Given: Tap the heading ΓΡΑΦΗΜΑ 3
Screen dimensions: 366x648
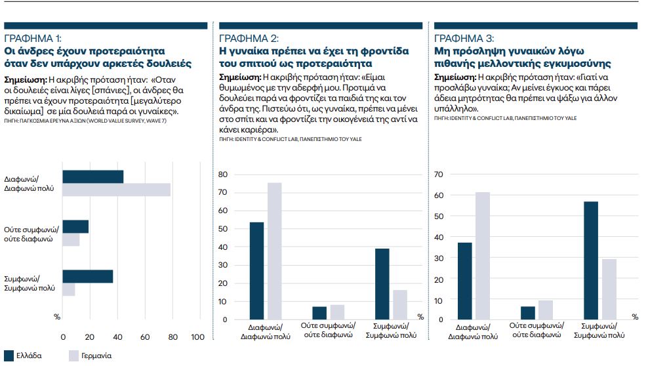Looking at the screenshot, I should (464, 38).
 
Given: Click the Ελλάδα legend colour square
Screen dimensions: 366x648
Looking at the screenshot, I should (9, 356).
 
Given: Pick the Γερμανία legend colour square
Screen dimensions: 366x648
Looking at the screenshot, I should (75, 356).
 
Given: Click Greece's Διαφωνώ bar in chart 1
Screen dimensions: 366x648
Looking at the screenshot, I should (92, 176).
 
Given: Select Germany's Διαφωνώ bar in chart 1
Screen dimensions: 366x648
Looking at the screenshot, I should (116, 190).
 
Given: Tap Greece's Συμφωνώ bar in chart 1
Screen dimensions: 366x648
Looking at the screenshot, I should (87, 276).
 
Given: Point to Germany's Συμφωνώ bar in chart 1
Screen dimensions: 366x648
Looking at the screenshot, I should (68, 289).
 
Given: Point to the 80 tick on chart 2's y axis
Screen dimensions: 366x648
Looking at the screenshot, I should (223, 174).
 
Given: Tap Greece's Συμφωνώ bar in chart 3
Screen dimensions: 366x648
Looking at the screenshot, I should (590, 260).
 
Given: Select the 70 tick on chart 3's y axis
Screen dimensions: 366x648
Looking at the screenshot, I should (439, 174).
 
